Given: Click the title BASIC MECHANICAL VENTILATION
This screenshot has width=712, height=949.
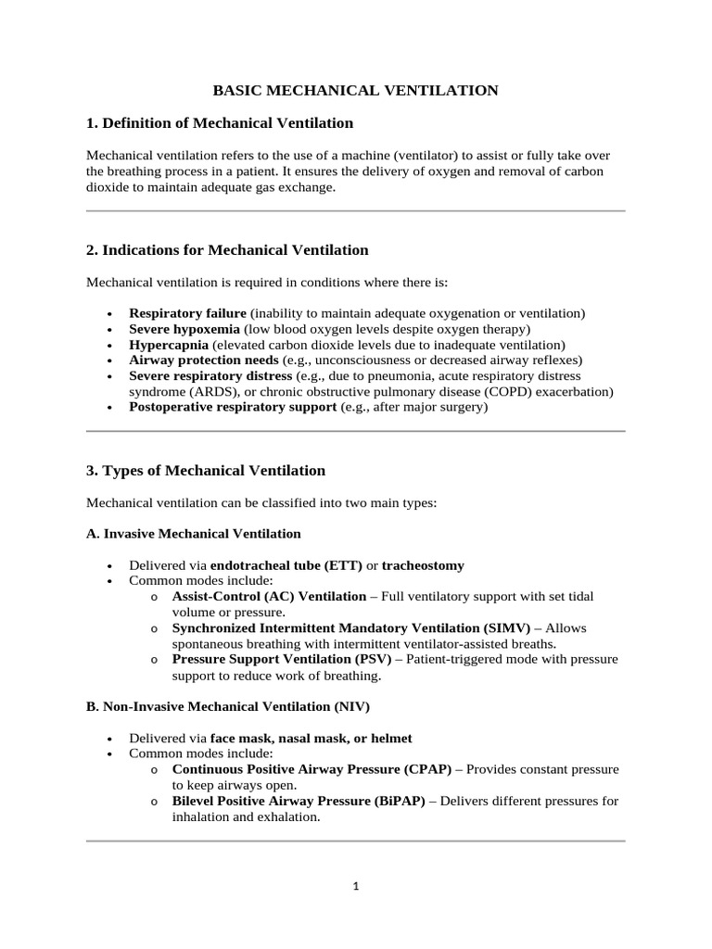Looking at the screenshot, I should point(356,90).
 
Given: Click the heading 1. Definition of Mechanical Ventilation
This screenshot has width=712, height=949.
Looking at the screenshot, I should point(220,122).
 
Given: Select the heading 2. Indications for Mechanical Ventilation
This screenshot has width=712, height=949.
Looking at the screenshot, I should point(227,250).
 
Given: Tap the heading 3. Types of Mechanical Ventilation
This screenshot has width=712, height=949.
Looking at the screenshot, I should point(206,471).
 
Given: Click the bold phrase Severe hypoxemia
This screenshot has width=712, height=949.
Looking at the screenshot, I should point(184,329).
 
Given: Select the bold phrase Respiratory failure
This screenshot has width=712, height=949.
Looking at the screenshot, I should point(187,313).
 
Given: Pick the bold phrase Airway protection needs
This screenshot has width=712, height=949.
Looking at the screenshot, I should point(203,360).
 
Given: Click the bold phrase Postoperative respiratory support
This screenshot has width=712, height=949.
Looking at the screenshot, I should point(233,407).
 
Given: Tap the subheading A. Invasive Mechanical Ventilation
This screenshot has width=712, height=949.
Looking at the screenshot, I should point(193,534).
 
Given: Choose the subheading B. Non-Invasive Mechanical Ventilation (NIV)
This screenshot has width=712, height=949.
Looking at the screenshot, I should point(228,706).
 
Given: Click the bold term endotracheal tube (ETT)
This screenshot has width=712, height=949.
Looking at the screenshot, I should point(286,565).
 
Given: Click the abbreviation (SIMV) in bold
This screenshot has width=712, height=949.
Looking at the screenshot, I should point(522,628).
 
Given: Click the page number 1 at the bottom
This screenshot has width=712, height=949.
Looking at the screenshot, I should point(356,886).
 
